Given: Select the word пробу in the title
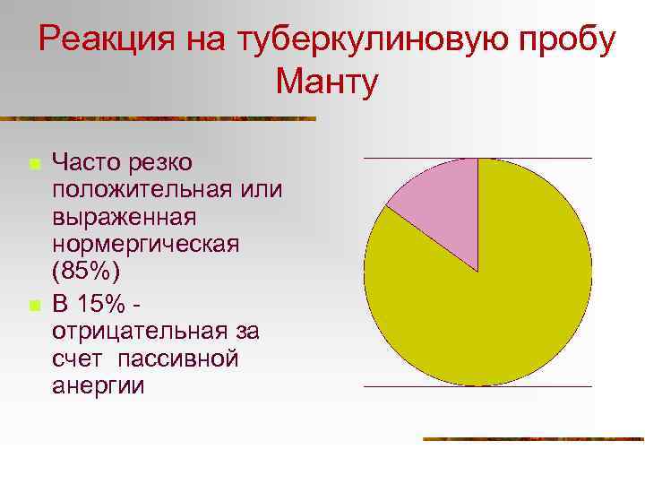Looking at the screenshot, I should [570, 40].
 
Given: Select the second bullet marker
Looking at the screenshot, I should [32, 306].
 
